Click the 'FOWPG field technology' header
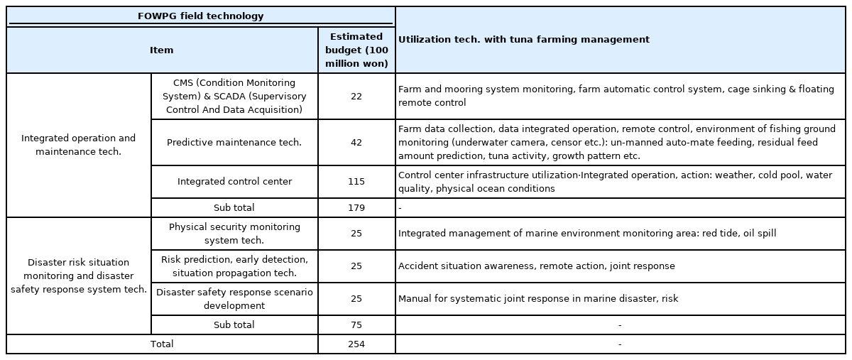pos(200,16)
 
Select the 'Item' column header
pos(162,50)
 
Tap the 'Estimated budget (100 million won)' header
pos(356,50)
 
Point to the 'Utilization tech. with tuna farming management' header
pos(524,39)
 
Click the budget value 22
pos(356,97)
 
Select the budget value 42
pos(356,142)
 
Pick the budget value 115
pos(356,182)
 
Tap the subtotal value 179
pos(356,208)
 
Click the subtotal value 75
pos(356,325)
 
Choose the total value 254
pos(356,344)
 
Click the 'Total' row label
pos(162,344)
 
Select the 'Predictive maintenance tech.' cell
pos(234,142)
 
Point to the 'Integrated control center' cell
pos(235,182)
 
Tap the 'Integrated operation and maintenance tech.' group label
pos(78,145)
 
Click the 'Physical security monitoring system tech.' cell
pos(234,234)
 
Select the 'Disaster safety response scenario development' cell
pos(234,299)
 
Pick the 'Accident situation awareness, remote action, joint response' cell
pos(537,266)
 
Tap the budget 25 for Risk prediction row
pos(356,266)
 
